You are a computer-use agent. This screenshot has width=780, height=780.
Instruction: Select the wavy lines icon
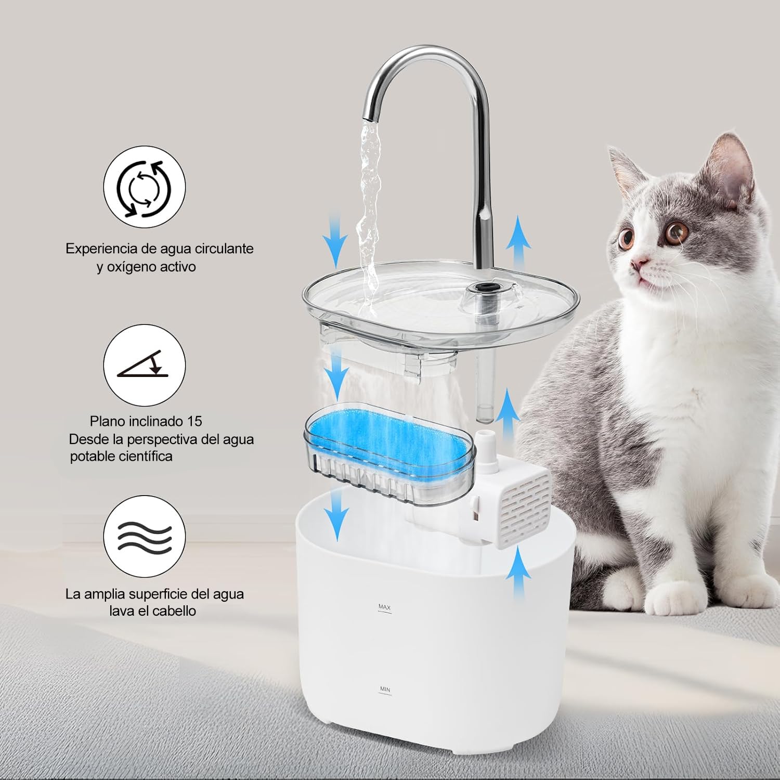144,537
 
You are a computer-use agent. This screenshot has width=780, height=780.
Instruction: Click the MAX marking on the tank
385,607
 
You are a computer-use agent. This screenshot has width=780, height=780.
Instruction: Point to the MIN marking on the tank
385,690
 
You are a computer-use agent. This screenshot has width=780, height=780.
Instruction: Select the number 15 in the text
195,421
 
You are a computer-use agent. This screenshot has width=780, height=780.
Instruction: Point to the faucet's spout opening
373,118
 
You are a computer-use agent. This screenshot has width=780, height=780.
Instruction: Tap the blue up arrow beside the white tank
518,575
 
